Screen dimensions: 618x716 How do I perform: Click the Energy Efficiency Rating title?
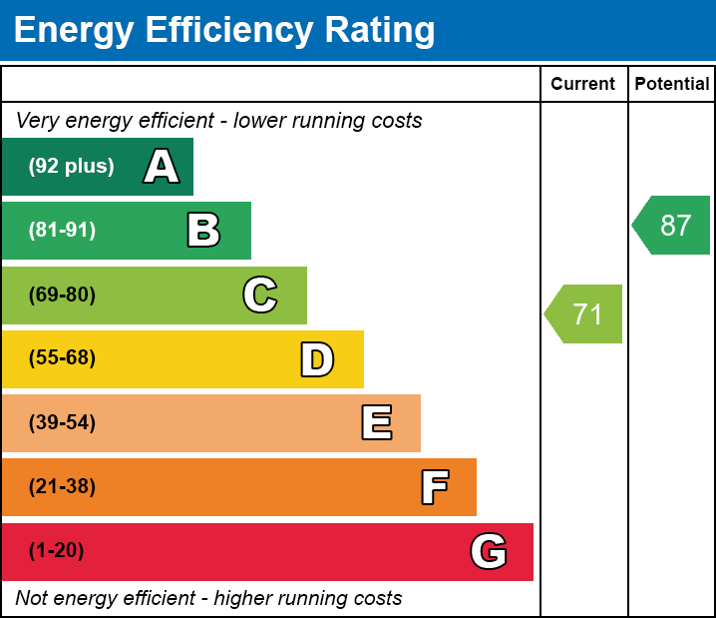pyautogui.click(x=224, y=30)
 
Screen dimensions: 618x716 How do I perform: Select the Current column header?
pyautogui.click(x=583, y=85)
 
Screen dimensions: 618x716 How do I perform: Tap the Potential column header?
pyautogui.click(x=672, y=85)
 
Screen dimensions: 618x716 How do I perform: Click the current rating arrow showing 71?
pyautogui.click(x=585, y=314)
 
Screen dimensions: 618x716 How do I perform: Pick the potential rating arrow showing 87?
pyautogui.click(x=673, y=226)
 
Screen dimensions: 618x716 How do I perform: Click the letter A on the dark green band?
pyautogui.click(x=162, y=167)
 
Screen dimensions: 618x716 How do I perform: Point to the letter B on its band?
pyautogui.click(x=203, y=231)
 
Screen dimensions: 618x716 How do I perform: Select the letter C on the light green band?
pyautogui.click(x=260, y=296)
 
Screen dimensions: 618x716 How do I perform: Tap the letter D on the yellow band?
pyautogui.click(x=317, y=359)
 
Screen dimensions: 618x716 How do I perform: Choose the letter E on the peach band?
pyautogui.click(x=376, y=423)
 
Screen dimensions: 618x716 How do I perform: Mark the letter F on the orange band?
pyautogui.click(x=434, y=488)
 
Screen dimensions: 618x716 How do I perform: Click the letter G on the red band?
pyautogui.click(x=489, y=551)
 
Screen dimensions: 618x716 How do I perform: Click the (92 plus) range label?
pyautogui.click(x=71, y=167)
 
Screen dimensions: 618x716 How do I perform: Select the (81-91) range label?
pyautogui.click(x=62, y=231)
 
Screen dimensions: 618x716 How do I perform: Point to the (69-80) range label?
pyautogui.click(x=62, y=296)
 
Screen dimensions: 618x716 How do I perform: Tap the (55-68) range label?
pyautogui.click(x=62, y=358)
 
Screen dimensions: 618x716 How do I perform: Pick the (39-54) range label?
pyautogui.click(x=62, y=423)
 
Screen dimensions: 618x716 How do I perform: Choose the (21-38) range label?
pyautogui.click(x=62, y=487)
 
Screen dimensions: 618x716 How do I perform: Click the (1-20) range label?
pyautogui.click(x=56, y=551)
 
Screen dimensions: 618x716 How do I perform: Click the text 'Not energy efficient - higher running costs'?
pyautogui.click(x=208, y=598)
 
